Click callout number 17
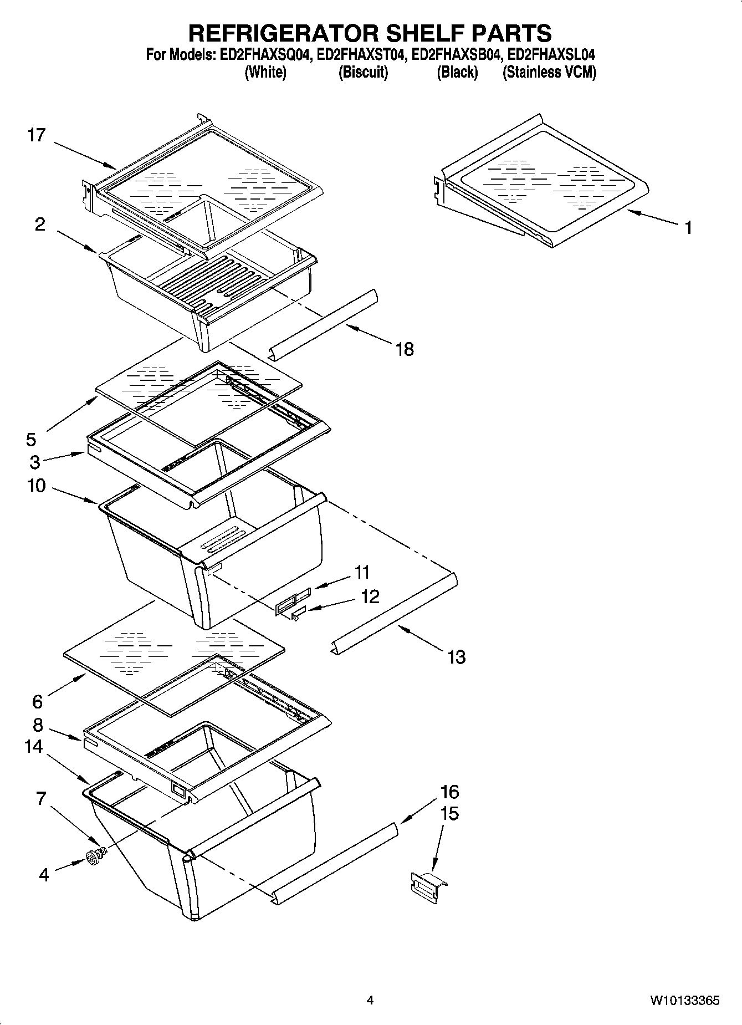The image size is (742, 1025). pyautogui.click(x=37, y=135)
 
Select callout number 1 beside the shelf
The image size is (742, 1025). pyautogui.click(x=688, y=227)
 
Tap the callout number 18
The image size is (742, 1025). pyautogui.click(x=405, y=349)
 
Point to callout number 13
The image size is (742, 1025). pyautogui.click(x=456, y=657)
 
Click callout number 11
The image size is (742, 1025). pyautogui.click(x=362, y=572)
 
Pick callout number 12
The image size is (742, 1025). pyautogui.click(x=370, y=596)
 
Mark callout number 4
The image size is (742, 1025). pyautogui.click(x=44, y=875)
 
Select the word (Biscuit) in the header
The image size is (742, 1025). pyautogui.click(x=363, y=72)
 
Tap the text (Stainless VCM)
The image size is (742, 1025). pyautogui.click(x=549, y=72)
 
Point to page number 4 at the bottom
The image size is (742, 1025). pyautogui.click(x=370, y=1001)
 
